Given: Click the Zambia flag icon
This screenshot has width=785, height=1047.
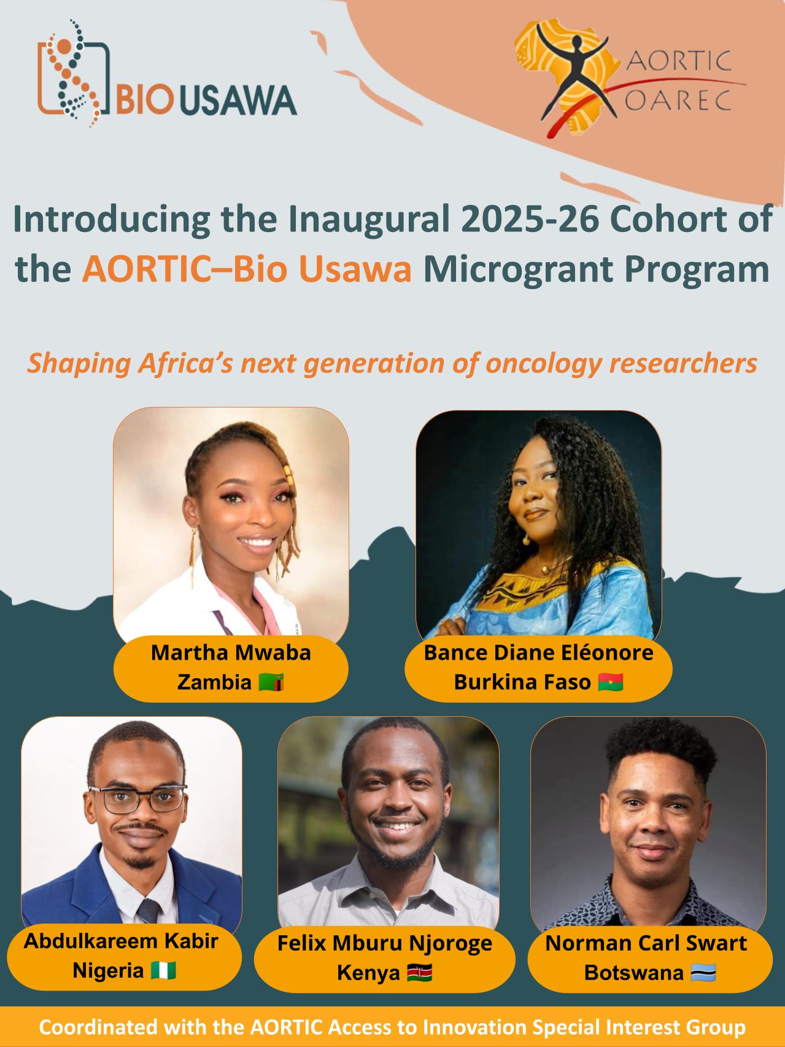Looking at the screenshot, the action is click(271, 682).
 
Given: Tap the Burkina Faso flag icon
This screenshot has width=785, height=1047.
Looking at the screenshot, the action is click(610, 682).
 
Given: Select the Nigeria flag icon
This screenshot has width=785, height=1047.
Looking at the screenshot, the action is click(163, 970).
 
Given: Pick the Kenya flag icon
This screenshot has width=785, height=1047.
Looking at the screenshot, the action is click(420, 972).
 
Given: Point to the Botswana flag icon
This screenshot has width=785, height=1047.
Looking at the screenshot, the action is click(703, 972).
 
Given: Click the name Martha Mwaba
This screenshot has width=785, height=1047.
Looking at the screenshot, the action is click(231, 652).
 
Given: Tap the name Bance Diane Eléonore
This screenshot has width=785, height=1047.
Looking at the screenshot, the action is click(538, 652).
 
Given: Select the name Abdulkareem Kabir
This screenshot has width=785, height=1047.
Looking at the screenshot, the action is click(121, 941).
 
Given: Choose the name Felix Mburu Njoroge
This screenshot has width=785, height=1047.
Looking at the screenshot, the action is click(385, 943).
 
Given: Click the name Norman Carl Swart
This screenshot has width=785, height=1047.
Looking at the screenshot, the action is click(646, 943).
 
